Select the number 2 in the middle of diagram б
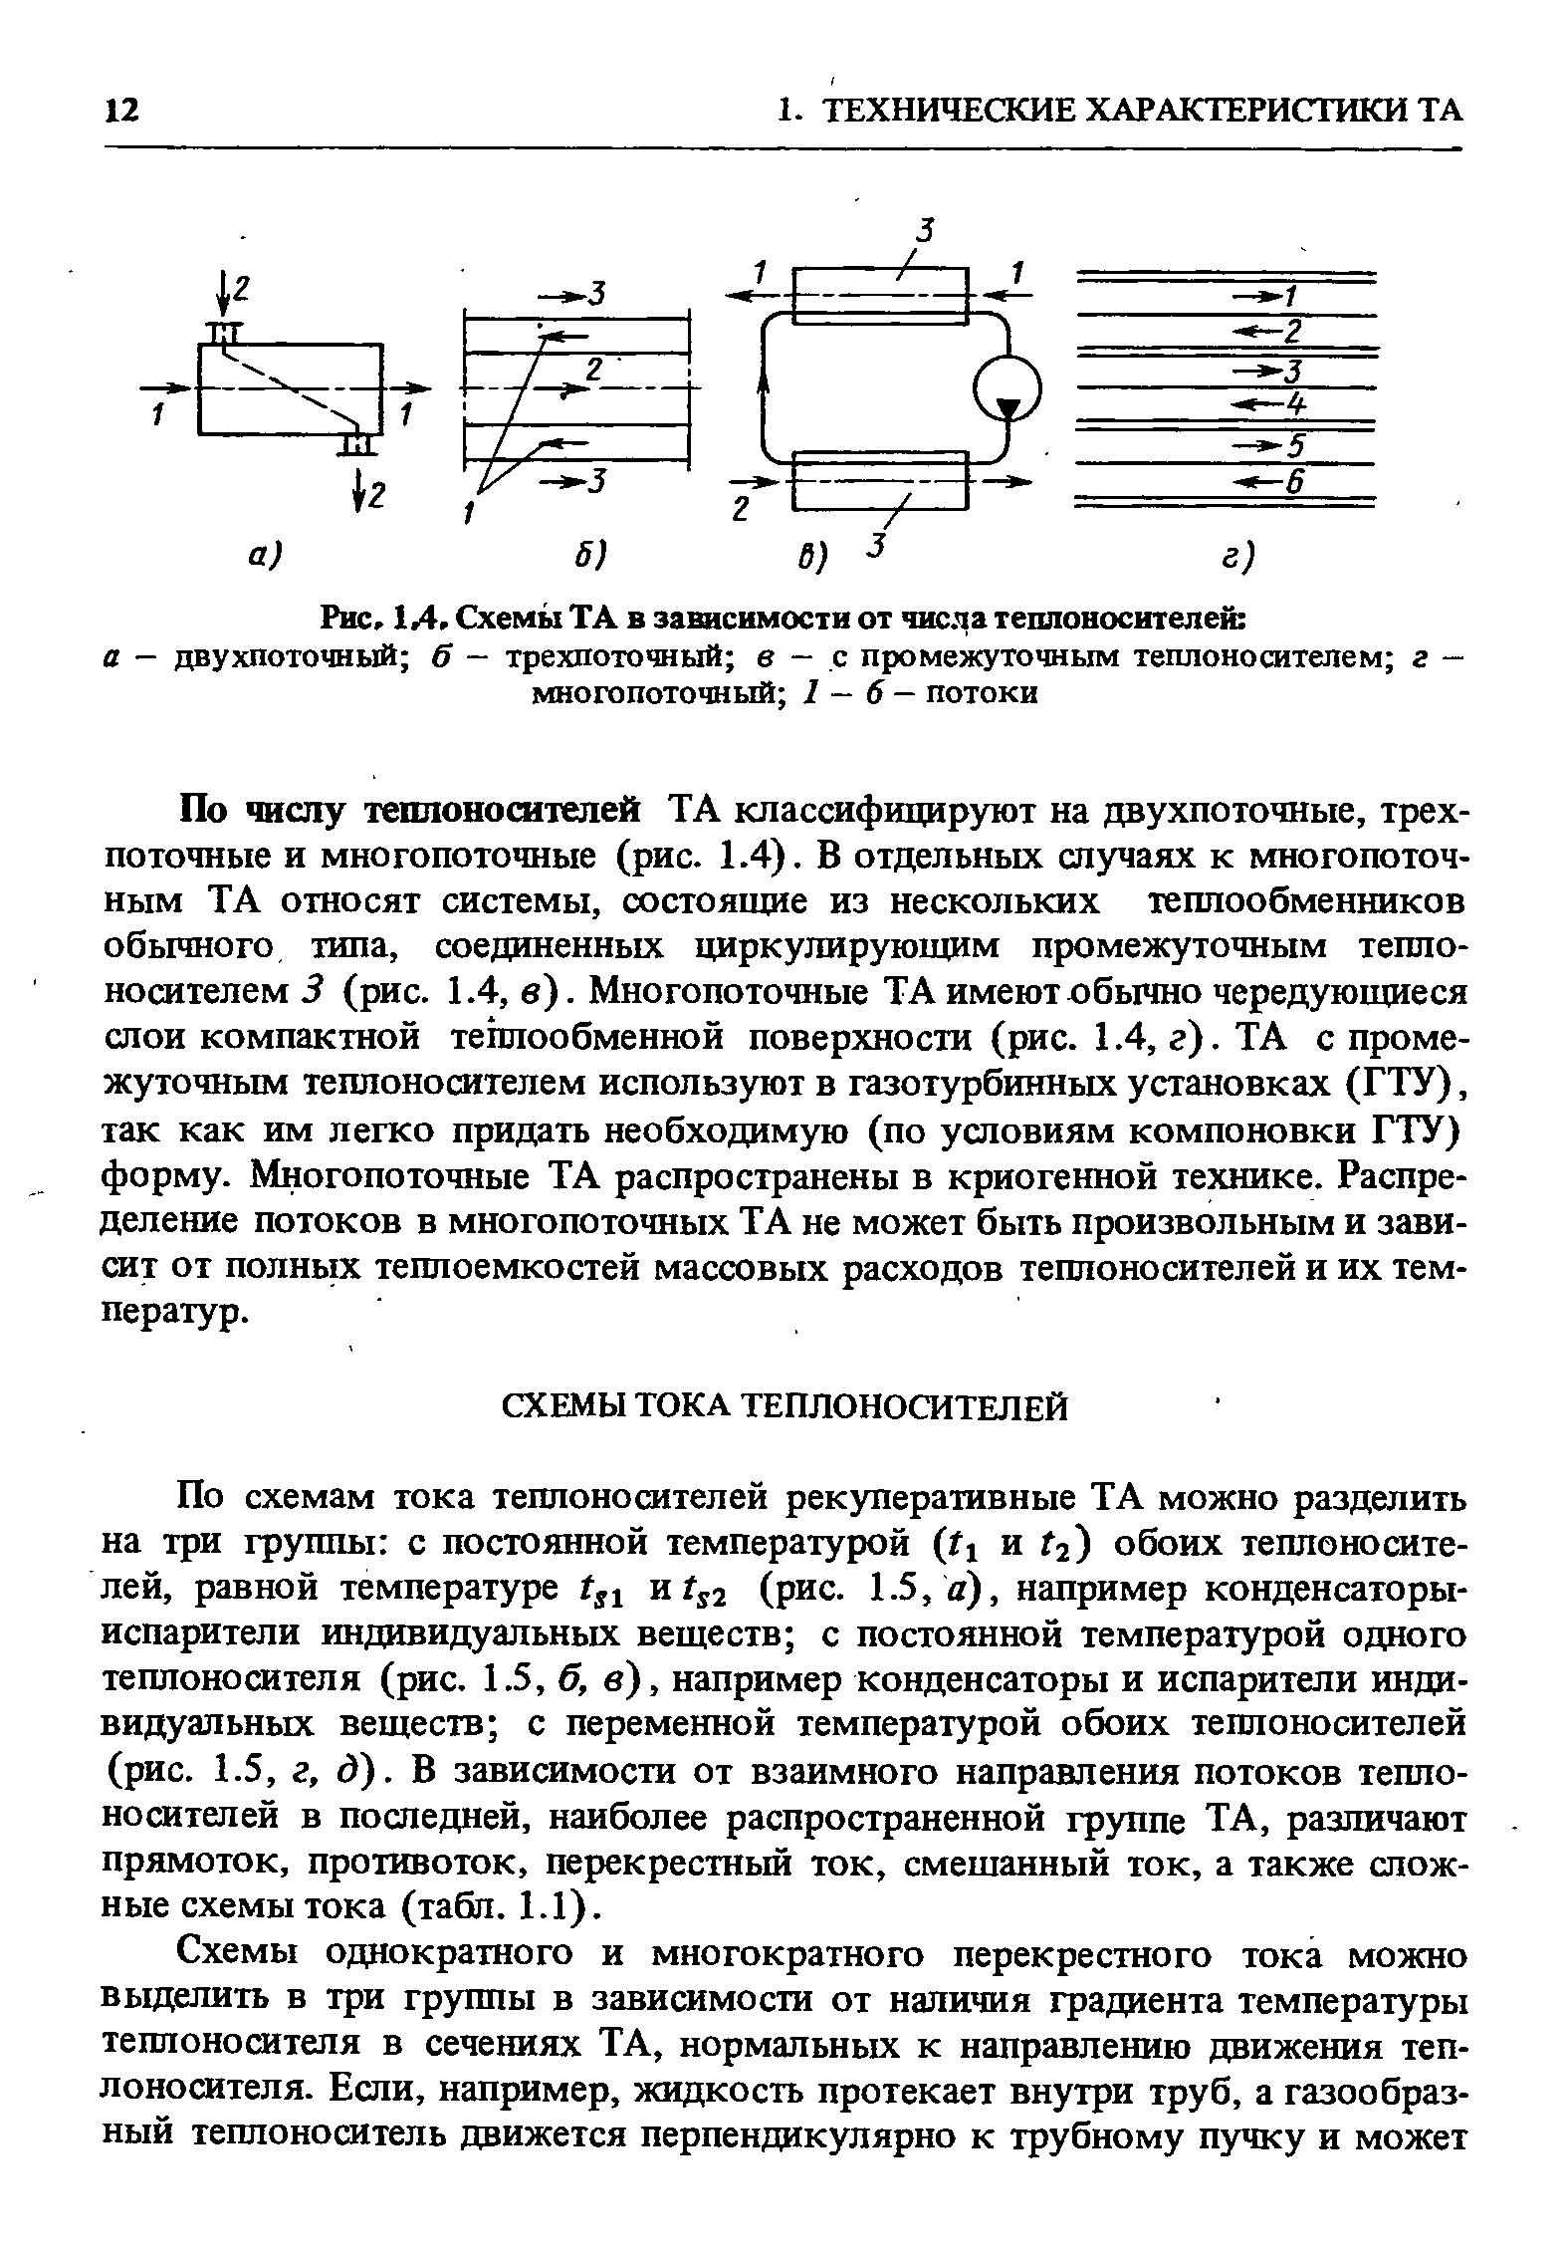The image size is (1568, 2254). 594,369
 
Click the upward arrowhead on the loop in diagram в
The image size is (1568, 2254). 766,384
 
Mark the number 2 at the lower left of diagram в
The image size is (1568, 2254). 741,510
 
